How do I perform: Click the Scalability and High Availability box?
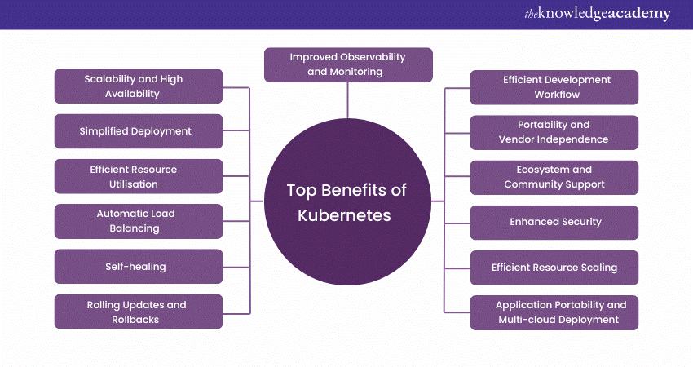(x=139, y=86)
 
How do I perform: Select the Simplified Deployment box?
(x=139, y=131)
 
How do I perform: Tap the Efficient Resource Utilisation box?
(x=139, y=176)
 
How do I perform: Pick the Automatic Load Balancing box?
(x=139, y=221)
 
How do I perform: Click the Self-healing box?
(x=139, y=266)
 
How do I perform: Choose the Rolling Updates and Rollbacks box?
(x=139, y=312)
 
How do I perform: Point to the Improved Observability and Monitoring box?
(x=348, y=64)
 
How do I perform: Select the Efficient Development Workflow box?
(x=554, y=87)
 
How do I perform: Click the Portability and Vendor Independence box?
(x=554, y=132)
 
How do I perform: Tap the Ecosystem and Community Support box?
(x=554, y=177)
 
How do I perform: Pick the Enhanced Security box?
(x=554, y=222)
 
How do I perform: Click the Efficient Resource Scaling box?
(x=554, y=267)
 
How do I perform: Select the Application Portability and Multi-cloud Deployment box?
(x=554, y=312)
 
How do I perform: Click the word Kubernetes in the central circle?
(x=346, y=215)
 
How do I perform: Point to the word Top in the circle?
(x=300, y=191)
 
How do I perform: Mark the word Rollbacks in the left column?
(x=136, y=320)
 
